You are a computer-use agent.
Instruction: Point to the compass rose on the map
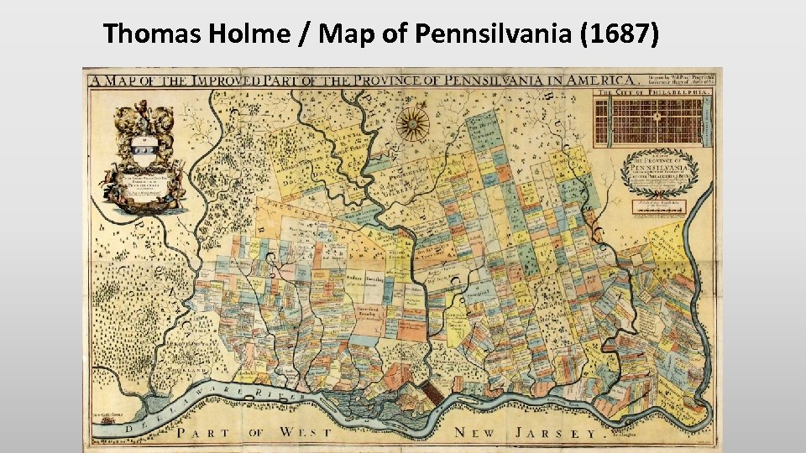click(411, 123)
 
